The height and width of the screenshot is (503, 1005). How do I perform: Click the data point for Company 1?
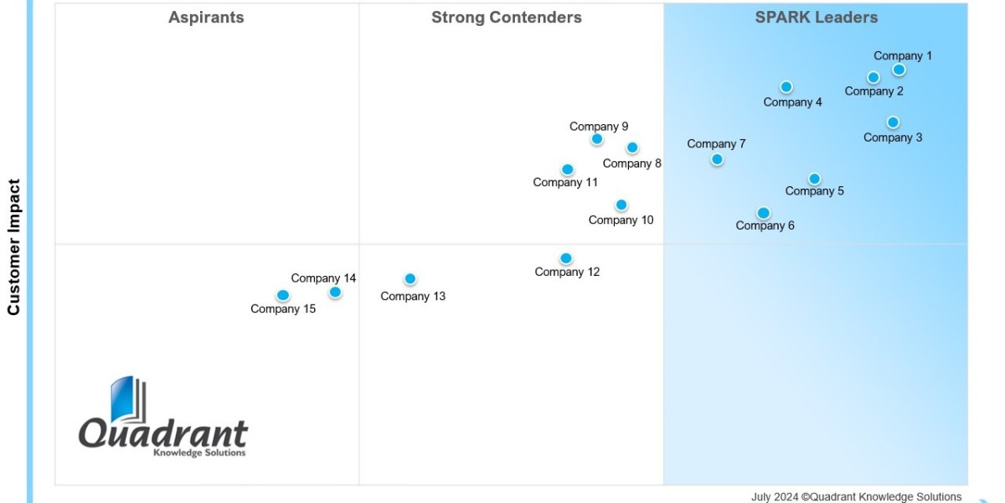pyautogui.click(x=899, y=70)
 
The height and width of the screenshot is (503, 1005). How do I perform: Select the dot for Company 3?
pyautogui.click(x=893, y=122)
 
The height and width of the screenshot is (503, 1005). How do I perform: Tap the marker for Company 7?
pyautogui.click(x=717, y=159)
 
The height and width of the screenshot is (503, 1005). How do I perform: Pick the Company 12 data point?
pyautogui.click(x=566, y=258)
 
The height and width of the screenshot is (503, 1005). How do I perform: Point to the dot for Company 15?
pyautogui.click(x=283, y=295)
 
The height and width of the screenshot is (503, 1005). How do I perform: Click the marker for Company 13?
pyautogui.click(x=410, y=279)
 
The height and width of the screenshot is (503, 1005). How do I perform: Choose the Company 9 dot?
pyautogui.click(x=597, y=139)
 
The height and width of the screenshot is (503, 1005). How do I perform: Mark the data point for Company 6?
pyautogui.click(x=763, y=213)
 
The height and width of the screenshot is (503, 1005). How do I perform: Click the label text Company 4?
pyautogui.click(x=792, y=102)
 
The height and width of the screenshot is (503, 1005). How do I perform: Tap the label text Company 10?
pyautogui.click(x=621, y=220)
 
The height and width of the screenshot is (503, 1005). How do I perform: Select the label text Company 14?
pyautogui.click(x=323, y=278)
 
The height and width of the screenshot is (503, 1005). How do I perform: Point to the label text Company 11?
pyautogui.click(x=565, y=183)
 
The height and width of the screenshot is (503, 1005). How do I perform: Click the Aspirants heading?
pyautogui.click(x=206, y=18)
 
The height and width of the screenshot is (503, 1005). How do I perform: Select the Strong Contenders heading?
pyautogui.click(x=506, y=18)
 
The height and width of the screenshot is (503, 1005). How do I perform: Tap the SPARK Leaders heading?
pyautogui.click(x=816, y=18)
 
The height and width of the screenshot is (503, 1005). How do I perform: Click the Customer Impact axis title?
pyautogui.click(x=14, y=247)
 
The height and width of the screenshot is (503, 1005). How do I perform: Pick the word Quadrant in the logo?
pyautogui.click(x=163, y=433)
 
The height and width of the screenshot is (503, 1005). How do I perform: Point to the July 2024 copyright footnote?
pyautogui.click(x=856, y=496)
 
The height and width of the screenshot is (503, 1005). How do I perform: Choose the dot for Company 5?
pyautogui.click(x=814, y=179)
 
